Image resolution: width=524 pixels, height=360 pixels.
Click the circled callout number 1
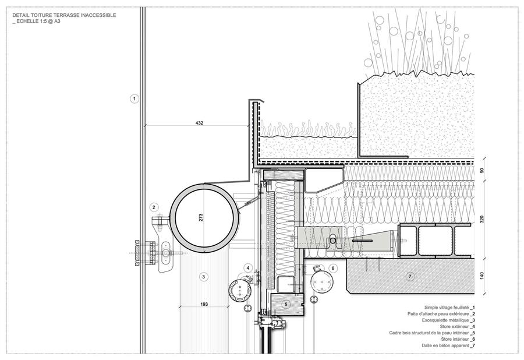click(x=134, y=98)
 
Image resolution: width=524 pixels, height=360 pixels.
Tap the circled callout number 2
click(x=154, y=207)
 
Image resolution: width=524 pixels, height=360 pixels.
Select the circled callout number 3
click(x=204, y=277)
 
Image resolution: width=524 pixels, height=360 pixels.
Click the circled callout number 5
click(x=286, y=304)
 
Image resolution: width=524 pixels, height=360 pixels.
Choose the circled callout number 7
click(x=410, y=277)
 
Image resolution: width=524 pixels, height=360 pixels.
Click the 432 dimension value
click(x=199, y=123)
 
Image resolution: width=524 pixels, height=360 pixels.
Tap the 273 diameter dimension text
click(x=201, y=218)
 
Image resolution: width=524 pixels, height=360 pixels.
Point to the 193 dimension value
click(x=204, y=304)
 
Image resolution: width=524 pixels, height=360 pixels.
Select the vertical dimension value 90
click(x=481, y=171)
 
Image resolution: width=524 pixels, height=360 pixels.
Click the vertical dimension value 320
click(x=481, y=219)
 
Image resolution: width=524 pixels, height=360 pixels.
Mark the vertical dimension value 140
click(x=481, y=276)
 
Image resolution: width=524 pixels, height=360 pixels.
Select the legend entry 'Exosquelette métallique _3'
click(x=448, y=320)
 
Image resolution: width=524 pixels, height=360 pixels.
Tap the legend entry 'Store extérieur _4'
click(x=458, y=327)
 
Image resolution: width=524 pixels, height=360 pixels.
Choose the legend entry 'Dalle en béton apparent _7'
click(x=448, y=345)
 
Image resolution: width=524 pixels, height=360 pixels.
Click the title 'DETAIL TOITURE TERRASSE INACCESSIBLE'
click(x=64, y=15)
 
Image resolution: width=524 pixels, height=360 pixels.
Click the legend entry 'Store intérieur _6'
click(x=458, y=339)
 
